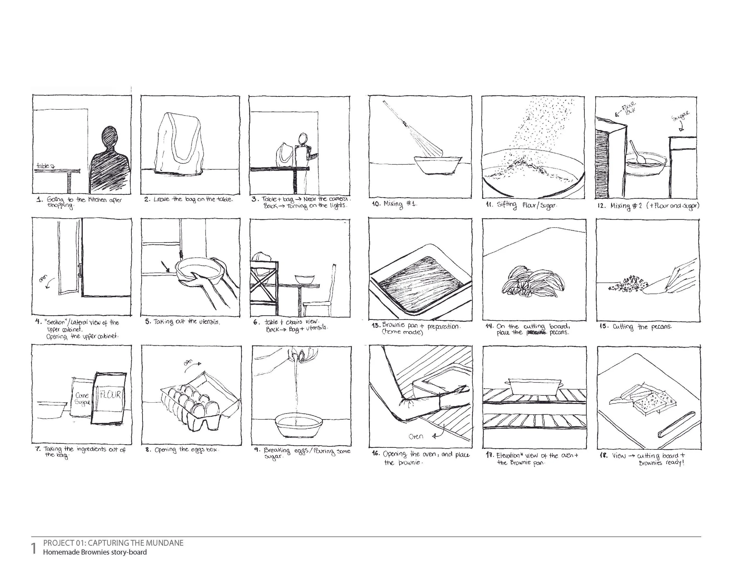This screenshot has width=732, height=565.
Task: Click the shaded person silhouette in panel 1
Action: [110, 161]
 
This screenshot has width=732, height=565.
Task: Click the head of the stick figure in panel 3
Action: [303, 138]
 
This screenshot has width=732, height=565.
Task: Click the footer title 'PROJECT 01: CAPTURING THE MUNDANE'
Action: [113, 542]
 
